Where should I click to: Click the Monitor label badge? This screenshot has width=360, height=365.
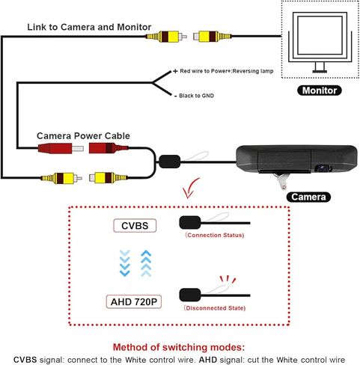[320, 91]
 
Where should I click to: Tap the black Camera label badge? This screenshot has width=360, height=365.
[308, 197]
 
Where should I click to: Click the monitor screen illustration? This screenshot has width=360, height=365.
[320, 35]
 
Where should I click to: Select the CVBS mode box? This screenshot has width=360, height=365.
[135, 226]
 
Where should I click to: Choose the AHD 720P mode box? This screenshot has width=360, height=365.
[134, 301]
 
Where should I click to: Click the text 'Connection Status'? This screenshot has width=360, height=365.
[215, 235]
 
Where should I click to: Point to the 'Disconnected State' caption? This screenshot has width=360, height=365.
[215, 308]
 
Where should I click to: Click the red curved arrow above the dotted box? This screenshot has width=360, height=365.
[190, 188]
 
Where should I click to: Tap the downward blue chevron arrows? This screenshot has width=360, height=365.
[124, 263]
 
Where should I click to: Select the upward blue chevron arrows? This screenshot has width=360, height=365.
[146, 263]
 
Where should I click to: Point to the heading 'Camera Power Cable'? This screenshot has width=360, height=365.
[83, 136]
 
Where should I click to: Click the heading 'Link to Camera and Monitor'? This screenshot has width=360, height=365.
[89, 27]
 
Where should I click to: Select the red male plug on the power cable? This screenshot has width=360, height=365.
[61, 149]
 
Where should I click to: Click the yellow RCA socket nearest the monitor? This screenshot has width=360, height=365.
[213, 37]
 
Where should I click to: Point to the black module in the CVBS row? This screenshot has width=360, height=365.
[190, 222]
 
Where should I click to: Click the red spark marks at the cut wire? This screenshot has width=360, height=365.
[228, 279]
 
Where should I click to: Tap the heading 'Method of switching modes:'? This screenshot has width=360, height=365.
[179, 347]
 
